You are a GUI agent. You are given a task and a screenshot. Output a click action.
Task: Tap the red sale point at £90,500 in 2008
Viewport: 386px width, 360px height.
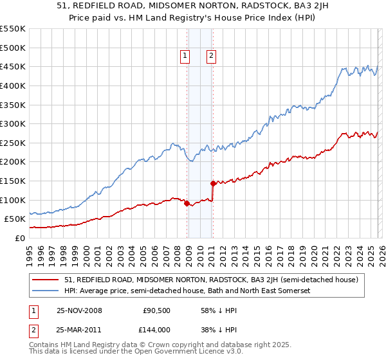[x=187, y=204]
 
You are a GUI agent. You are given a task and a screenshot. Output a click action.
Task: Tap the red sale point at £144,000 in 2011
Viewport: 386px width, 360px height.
[x=213, y=183]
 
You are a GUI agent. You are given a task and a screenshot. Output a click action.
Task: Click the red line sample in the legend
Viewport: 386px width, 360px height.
[x=46, y=279]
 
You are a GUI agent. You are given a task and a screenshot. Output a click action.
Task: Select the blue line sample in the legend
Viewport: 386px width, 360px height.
[x=46, y=291]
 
